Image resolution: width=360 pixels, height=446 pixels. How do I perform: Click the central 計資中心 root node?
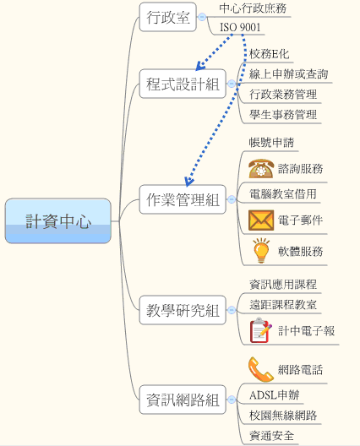[x=58, y=221]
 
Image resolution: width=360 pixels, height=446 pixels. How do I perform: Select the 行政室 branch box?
[x=168, y=17]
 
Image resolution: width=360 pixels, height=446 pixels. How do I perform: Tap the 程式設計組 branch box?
[x=183, y=84]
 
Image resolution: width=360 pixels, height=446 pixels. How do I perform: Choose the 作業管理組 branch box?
[x=183, y=199]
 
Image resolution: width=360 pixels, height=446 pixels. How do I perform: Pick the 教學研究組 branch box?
[x=183, y=310]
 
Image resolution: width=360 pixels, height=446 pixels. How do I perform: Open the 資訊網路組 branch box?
[x=183, y=400]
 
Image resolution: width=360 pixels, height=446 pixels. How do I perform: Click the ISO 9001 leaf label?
[x=240, y=27]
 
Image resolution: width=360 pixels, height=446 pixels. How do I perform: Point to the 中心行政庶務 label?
[x=253, y=8]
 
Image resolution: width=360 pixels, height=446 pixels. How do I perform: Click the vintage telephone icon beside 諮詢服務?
[x=261, y=168]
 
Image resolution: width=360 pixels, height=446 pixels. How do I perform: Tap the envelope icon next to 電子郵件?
[x=261, y=220]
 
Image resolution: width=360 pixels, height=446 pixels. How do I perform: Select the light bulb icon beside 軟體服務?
[x=261, y=251]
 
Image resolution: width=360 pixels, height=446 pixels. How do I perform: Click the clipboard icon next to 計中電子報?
[x=260, y=330]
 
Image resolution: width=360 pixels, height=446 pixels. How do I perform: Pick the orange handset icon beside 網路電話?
[x=260, y=369]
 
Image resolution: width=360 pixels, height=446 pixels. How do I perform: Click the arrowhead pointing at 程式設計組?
[x=200, y=66]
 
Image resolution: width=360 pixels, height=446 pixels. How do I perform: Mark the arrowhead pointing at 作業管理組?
[x=188, y=181]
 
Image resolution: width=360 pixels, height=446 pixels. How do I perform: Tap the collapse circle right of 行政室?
[x=202, y=17]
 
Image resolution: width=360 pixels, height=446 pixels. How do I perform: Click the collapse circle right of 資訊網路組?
[x=232, y=400]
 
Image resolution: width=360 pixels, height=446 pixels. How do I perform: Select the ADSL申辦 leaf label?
[x=275, y=395]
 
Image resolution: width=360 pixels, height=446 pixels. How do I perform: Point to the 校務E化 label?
[x=270, y=54]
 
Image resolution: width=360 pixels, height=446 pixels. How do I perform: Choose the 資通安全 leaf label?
[x=271, y=436]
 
